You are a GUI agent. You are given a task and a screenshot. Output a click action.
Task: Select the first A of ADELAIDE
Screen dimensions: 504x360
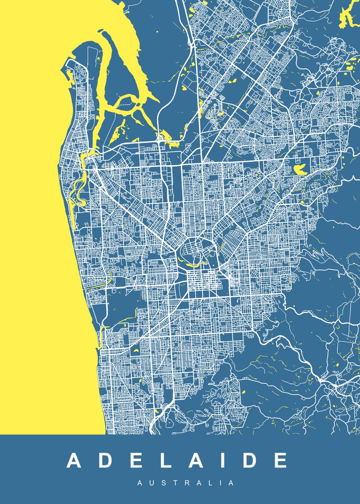(74, 461)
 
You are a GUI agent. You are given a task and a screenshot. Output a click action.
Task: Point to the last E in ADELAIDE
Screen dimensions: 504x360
(281, 461)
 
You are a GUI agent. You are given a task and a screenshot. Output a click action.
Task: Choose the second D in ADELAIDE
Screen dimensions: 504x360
(251, 461)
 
